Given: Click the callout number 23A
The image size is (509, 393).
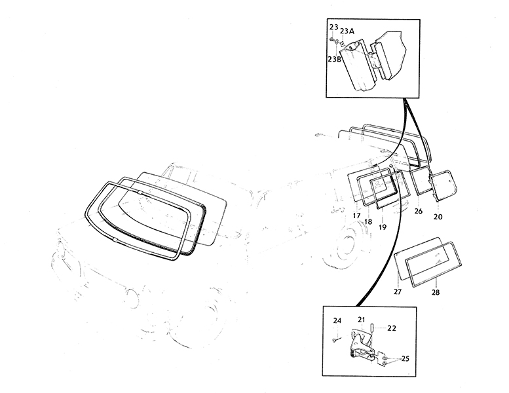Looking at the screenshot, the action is pyautogui.click(x=347, y=31).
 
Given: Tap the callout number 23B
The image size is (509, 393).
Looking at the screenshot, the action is pyautogui.click(x=334, y=59).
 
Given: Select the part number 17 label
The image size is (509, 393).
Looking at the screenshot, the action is pyautogui.click(x=356, y=215).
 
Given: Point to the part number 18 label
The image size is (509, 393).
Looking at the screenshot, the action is pyautogui.click(x=368, y=222).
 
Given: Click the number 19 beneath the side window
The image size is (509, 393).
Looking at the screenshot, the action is pyautogui.click(x=383, y=227).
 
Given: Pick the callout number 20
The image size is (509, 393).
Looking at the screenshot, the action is pyautogui.click(x=438, y=216).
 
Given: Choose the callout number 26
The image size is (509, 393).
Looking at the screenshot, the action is pyautogui.click(x=419, y=212).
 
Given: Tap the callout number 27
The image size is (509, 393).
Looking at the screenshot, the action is pyautogui.click(x=398, y=291).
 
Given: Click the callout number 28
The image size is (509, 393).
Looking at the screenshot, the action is pyautogui.click(x=436, y=292).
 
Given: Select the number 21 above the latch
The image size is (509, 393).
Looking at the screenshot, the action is pyautogui.click(x=362, y=320).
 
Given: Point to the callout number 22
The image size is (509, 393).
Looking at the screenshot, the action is pyautogui.click(x=392, y=328).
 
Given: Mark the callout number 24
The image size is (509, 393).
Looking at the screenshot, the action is pyautogui.click(x=337, y=321).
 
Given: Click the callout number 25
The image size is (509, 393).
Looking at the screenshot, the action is pyautogui.click(x=405, y=358).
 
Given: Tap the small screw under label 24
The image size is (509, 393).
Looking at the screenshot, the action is pyautogui.click(x=335, y=340).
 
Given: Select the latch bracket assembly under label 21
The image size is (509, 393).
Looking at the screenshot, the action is pyautogui.click(x=362, y=346).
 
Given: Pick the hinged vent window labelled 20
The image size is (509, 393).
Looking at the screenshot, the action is pyautogui.click(x=443, y=185).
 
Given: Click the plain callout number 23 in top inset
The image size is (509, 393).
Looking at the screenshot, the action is pyautogui.click(x=333, y=27).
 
